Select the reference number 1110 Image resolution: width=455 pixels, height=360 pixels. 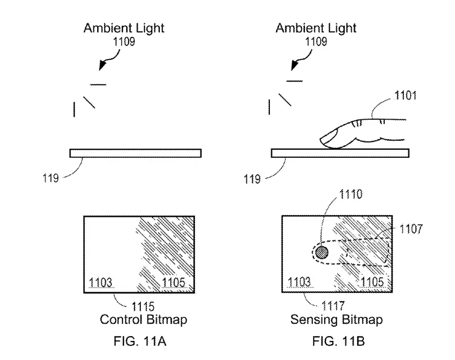tap(350, 196)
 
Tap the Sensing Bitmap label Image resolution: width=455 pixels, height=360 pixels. tap(337, 320)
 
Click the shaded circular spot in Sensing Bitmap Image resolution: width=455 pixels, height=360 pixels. tap(322, 251)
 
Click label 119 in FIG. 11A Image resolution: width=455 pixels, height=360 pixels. tap(51, 179)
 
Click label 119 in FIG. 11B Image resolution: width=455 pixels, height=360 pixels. tap(252, 179)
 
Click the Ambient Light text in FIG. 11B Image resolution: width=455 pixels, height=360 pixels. tap(316, 28)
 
